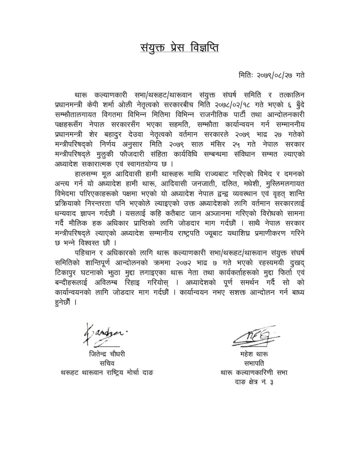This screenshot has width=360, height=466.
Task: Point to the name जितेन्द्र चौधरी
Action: click(107, 354)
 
